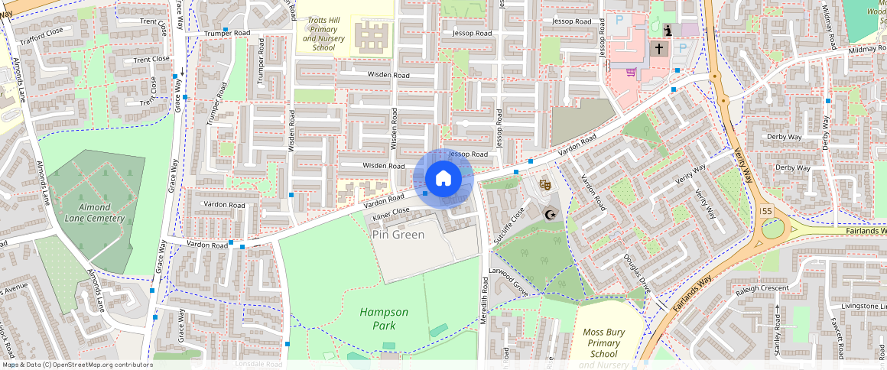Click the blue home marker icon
pyautogui.click(x=443, y=179)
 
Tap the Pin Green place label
pyautogui.click(x=398, y=235)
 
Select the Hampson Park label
pyautogui.click(x=384, y=319)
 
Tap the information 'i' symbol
pyautogui.click(x=668, y=31)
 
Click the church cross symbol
pyautogui.click(x=658, y=48)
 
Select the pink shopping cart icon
pyautogui.click(x=632, y=72)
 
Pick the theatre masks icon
pyautogui.click(x=544, y=184)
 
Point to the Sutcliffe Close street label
pyautogui.click(x=508, y=225)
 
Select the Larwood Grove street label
pyautogui.click(x=510, y=280)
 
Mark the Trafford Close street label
pyautogui.click(x=41, y=34)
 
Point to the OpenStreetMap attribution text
pyautogui.click(x=76, y=365)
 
